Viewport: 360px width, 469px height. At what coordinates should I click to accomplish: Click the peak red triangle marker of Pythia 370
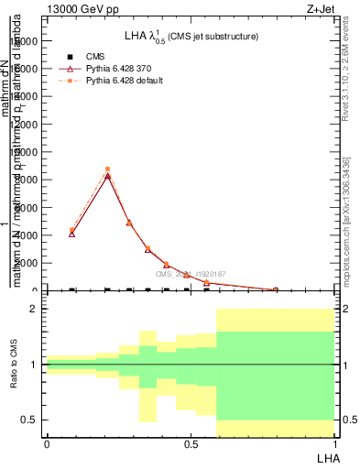108,175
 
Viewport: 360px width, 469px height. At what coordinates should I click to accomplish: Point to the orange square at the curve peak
108,169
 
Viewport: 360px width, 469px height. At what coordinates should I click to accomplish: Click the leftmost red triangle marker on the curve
72,234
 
